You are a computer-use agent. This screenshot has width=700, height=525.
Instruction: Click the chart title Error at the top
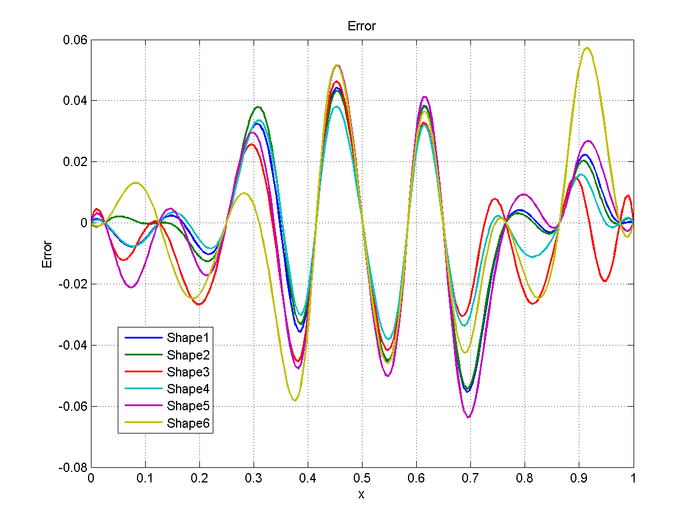point(361,26)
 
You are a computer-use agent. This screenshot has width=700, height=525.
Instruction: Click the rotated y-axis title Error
point(47,254)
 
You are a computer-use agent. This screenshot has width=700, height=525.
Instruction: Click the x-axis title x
point(361,495)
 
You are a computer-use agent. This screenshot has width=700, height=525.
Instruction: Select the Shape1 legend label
point(188,337)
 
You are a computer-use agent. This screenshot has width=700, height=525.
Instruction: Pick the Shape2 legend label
point(188,355)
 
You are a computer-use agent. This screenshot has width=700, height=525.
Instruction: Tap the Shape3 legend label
point(188,372)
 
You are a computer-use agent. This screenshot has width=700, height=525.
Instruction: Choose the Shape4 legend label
point(188,389)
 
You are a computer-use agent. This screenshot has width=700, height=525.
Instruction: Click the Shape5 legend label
point(188,406)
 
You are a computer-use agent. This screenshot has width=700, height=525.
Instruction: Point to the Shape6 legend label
point(188,424)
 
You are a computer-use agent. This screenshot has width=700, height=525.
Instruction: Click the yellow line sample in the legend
point(142,424)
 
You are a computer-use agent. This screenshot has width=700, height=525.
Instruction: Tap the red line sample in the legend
point(142,372)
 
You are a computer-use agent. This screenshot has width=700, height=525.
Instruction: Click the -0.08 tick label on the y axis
point(74,467)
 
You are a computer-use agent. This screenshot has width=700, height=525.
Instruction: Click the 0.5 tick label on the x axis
point(361,478)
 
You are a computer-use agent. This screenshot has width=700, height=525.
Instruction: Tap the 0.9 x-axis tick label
point(579,478)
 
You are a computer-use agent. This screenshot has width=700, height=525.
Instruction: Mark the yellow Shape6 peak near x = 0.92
point(588,48)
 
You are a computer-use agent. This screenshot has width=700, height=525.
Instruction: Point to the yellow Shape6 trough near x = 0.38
point(295,400)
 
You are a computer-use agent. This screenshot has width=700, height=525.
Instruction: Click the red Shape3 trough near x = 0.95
point(606,281)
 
